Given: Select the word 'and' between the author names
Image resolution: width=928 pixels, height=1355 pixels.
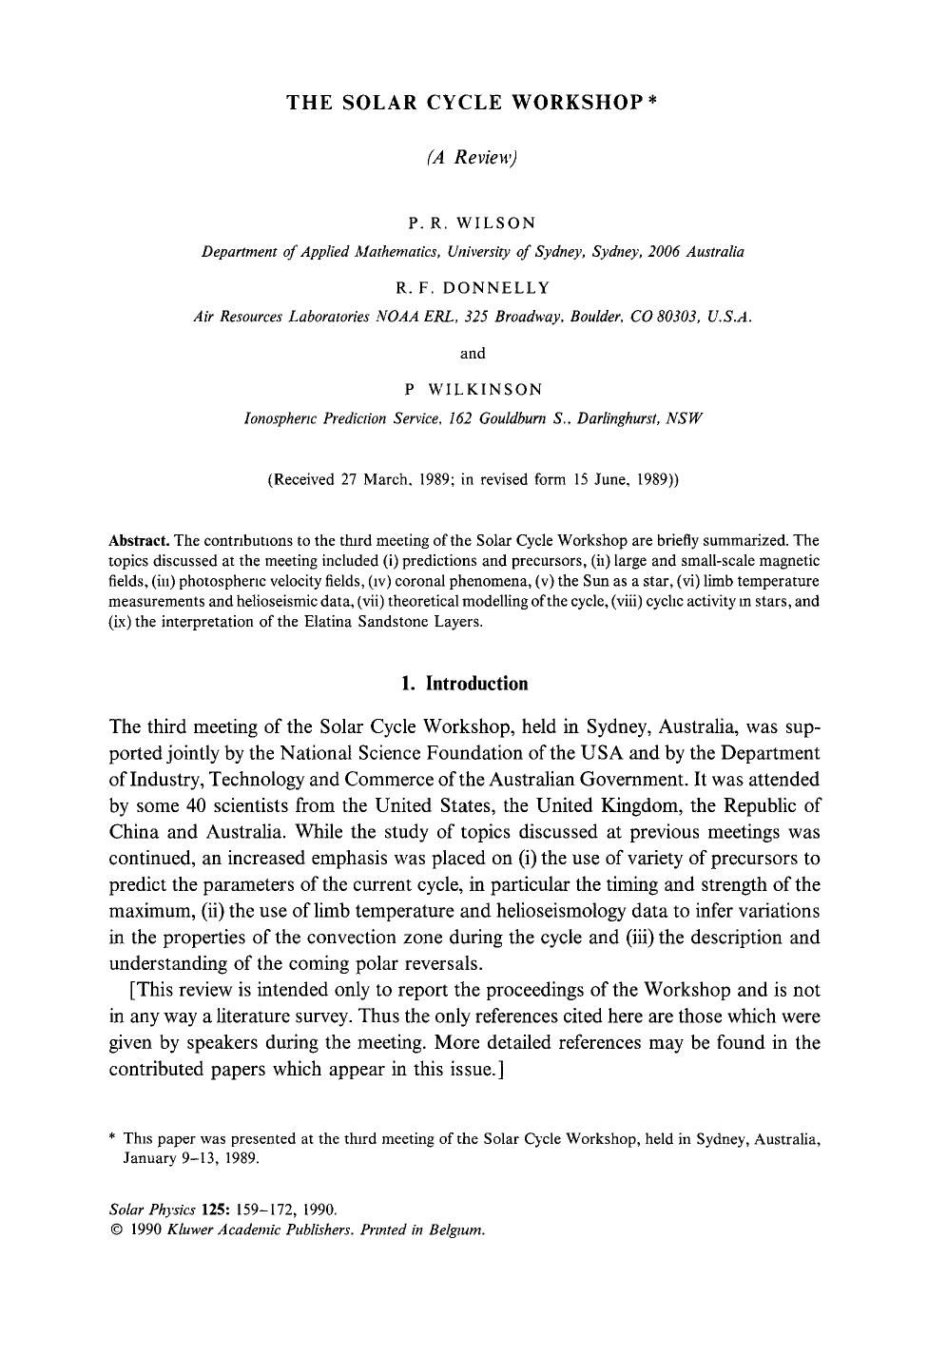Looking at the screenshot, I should coord(473,353).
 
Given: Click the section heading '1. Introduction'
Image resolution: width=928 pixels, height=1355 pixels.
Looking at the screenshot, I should coord(464,684).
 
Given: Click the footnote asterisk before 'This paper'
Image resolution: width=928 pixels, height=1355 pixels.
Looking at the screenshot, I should coord(112,1138).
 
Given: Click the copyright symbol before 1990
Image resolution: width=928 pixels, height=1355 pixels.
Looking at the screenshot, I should coord(116,1229).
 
